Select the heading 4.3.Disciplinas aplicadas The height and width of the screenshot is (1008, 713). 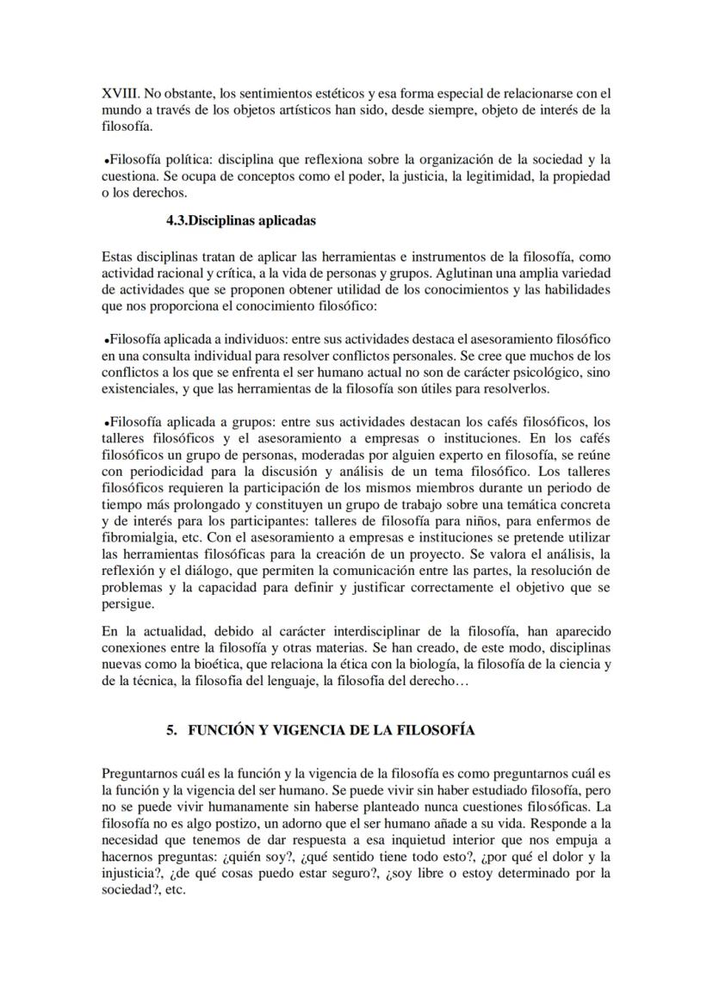point(241,220)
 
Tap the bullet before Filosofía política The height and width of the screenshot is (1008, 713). point(105,161)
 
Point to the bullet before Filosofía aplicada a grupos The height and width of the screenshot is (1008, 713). point(105,423)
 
